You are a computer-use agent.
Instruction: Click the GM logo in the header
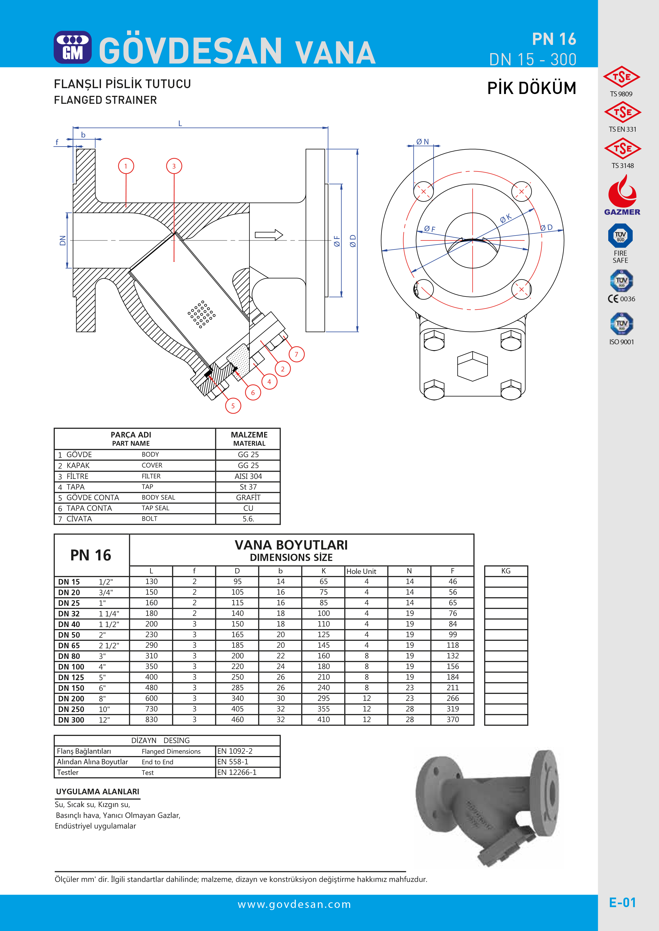click(x=73, y=48)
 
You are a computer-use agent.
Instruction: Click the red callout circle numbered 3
click(x=174, y=166)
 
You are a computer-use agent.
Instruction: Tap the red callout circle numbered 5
click(x=233, y=405)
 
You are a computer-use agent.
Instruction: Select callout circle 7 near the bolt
click(x=296, y=354)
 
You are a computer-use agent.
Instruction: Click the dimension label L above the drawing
click(x=180, y=123)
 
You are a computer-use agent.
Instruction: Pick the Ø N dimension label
click(x=423, y=141)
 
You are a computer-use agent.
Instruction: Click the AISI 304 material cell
click(x=248, y=476)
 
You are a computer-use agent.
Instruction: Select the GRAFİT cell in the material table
click(x=248, y=497)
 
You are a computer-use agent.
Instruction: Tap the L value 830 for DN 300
click(x=151, y=719)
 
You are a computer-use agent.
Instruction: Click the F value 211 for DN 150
click(x=453, y=688)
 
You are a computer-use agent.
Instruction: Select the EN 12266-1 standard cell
click(x=237, y=772)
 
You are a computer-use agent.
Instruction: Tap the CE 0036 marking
click(x=621, y=299)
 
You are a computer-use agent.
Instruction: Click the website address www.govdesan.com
click(x=294, y=904)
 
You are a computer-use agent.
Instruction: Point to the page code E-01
click(x=622, y=902)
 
